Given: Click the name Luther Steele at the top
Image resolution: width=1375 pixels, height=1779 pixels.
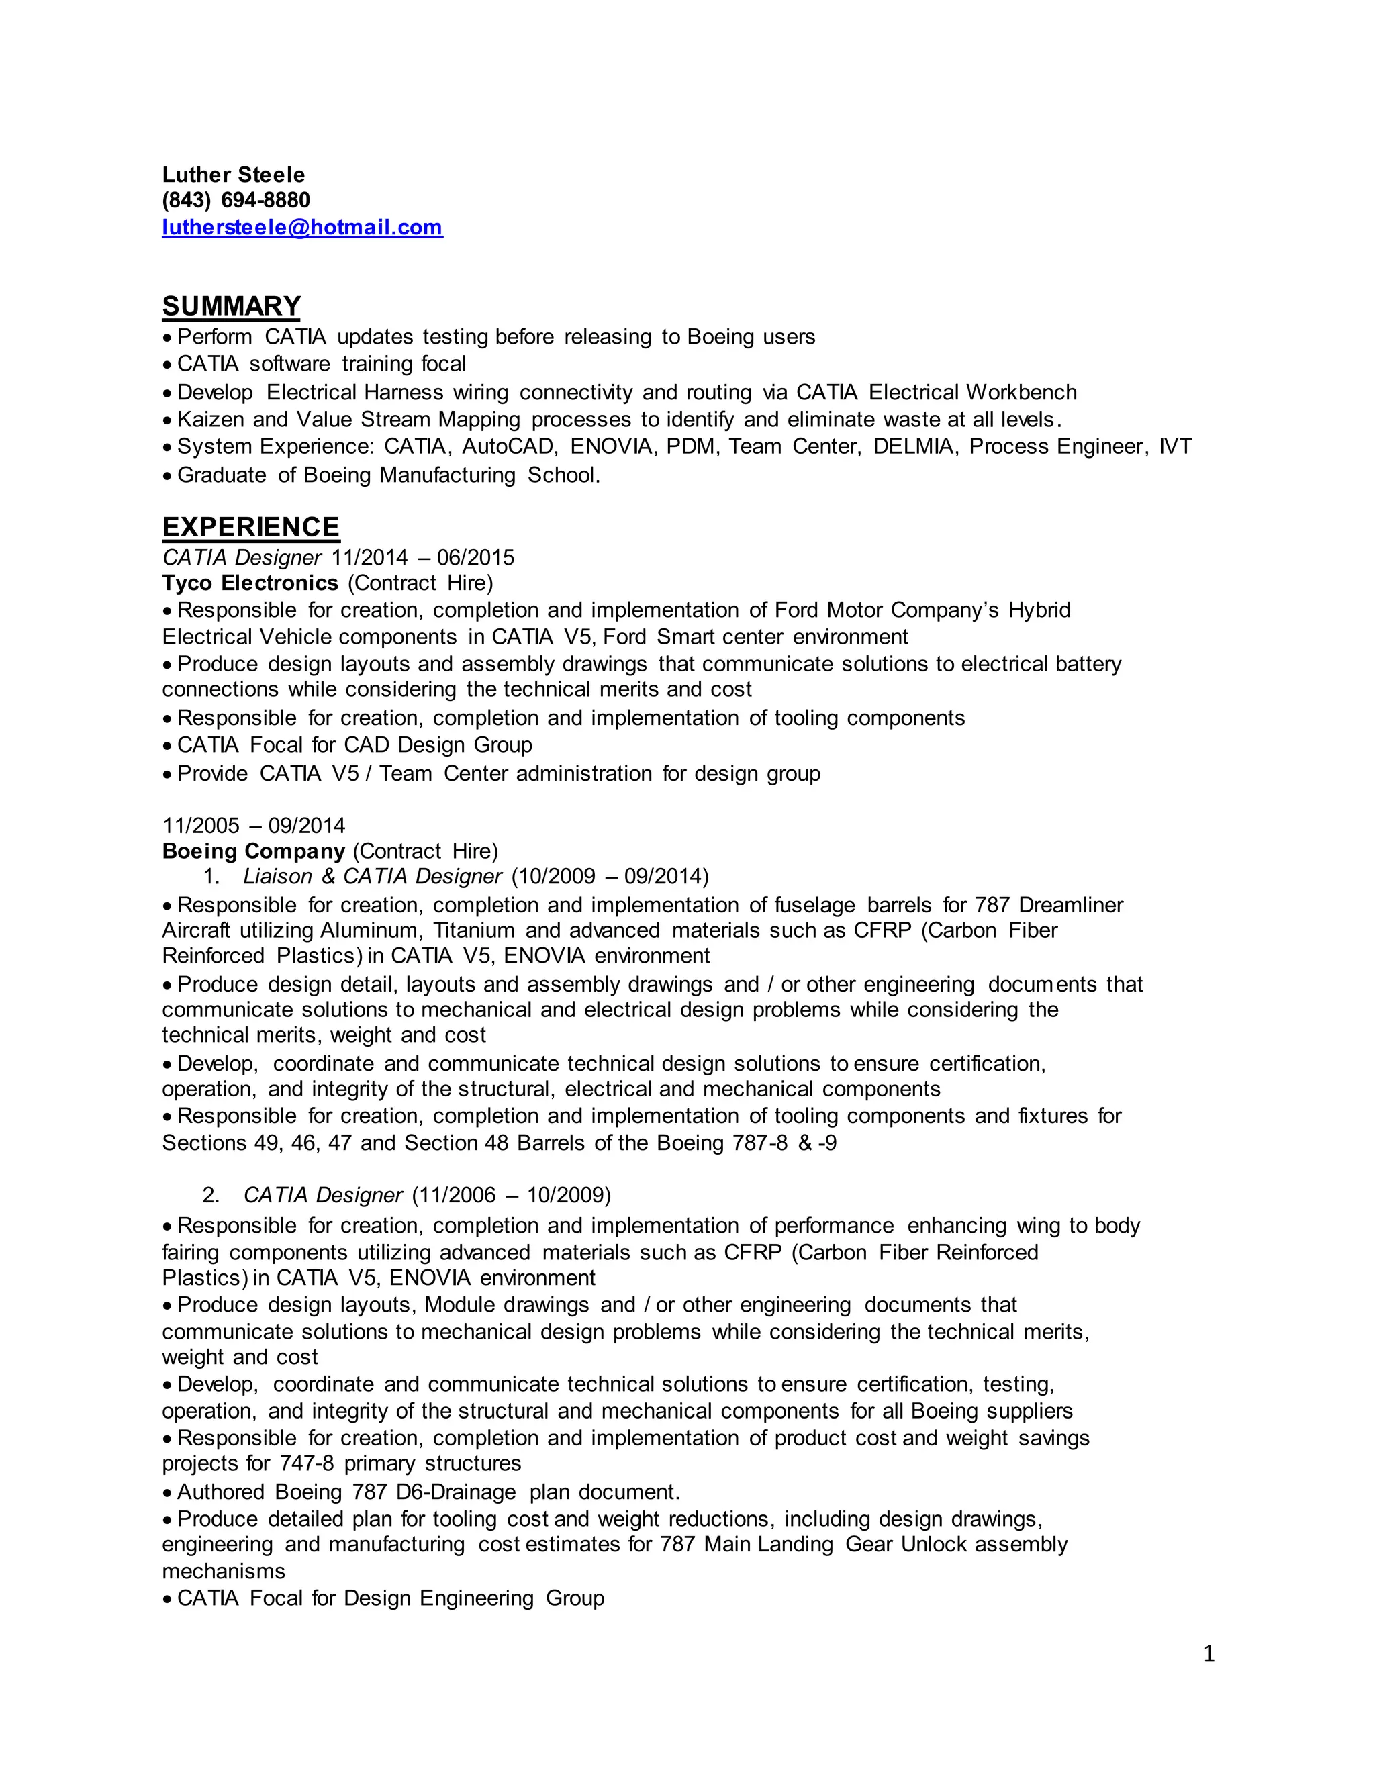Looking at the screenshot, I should click(233, 175).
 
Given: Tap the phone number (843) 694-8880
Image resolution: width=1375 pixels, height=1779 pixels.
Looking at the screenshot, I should click(236, 200).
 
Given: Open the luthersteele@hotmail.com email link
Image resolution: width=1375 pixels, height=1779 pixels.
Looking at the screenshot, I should click(302, 228).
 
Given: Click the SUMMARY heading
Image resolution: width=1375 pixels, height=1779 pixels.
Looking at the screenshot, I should click(232, 306).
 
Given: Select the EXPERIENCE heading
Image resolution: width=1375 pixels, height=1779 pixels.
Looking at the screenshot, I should click(251, 527).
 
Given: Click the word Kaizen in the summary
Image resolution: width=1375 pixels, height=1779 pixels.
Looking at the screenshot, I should click(209, 420).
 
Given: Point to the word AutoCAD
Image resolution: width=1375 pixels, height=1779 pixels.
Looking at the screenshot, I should click(508, 446).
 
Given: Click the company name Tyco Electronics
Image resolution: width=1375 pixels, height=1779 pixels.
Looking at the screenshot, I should click(250, 583).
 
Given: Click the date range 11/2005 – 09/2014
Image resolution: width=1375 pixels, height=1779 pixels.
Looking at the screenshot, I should click(253, 826).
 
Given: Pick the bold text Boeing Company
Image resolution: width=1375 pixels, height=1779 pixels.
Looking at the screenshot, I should click(253, 851).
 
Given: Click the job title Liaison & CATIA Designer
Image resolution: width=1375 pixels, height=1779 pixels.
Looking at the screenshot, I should click(372, 877).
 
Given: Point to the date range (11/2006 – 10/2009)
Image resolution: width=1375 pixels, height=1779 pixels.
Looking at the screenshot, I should click(511, 1195).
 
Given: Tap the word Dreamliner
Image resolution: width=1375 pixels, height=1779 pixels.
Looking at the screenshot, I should click(1070, 905).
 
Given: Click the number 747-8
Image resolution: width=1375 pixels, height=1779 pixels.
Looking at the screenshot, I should click(306, 1463).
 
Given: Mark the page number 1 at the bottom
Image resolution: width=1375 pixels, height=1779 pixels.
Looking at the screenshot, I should click(1208, 1653).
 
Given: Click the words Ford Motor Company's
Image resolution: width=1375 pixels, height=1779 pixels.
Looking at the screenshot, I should click(886, 610).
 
